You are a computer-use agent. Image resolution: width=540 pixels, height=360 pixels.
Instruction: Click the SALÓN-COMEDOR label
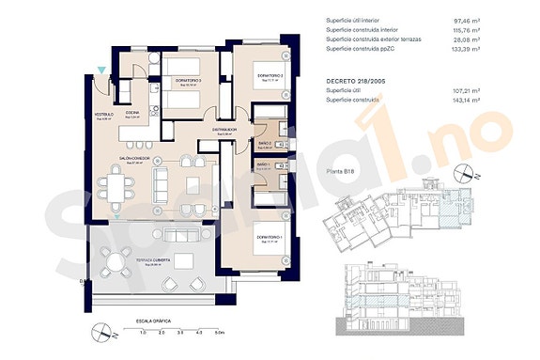click(136, 158)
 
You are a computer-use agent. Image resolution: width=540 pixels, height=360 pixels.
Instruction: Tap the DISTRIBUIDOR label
click(224, 130)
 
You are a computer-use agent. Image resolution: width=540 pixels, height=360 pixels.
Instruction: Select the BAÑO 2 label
click(264, 145)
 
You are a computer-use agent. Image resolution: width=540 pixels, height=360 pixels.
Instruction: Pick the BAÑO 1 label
click(264, 164)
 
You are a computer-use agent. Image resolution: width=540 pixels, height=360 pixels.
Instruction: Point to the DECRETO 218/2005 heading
click(357, 81)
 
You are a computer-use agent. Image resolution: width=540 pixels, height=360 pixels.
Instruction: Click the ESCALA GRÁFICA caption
click(154, 321)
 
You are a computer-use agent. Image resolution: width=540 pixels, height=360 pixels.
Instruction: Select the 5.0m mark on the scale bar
click(218, 333)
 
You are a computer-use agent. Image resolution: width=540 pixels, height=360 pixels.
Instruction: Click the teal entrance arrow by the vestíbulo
click(101, 70)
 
